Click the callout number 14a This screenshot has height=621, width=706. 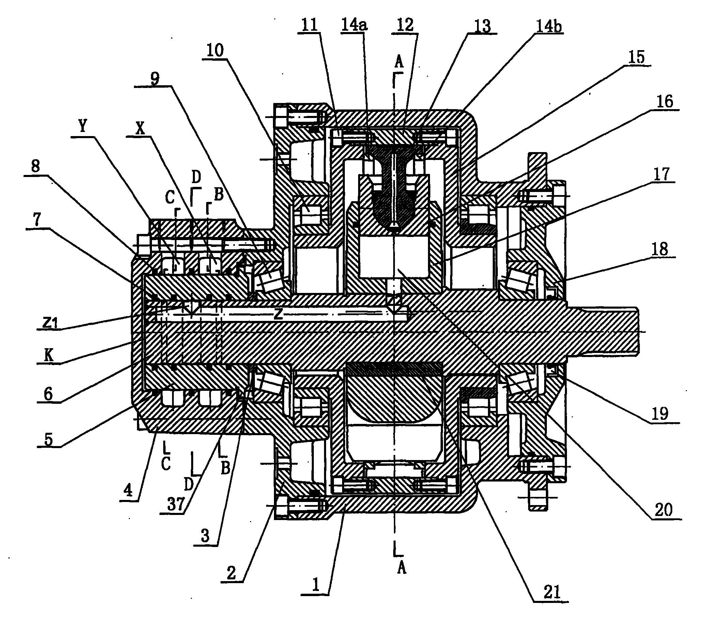pyautogui.click(x=355, y=25)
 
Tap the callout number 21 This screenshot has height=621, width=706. pyautogui.click(x=552, y=592)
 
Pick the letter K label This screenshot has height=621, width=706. pyautogui.click(x=49, y=356)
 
